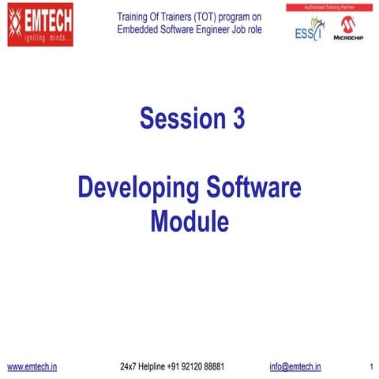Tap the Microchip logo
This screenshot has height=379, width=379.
click(347, 28)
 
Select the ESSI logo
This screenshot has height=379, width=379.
click(310, 29)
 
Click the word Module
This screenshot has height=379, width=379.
click(189, 221)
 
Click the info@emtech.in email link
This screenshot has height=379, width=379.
click(295, 366)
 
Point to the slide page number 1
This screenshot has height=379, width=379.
click(370, 367)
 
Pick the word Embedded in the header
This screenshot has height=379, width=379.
click(137, 30)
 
